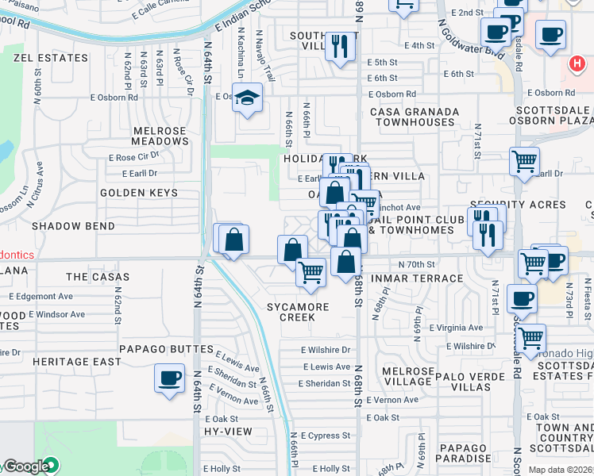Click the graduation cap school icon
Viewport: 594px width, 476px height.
[249, 98]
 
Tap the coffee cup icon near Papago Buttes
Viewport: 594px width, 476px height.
[169, 378]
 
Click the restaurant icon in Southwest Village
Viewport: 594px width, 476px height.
[341, 45]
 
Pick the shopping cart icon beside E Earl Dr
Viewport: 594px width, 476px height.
[524, 162]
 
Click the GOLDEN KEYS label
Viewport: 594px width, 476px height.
[133, 193]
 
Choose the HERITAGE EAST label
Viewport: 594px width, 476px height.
[77, 362]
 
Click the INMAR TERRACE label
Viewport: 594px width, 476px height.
[426, 278]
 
